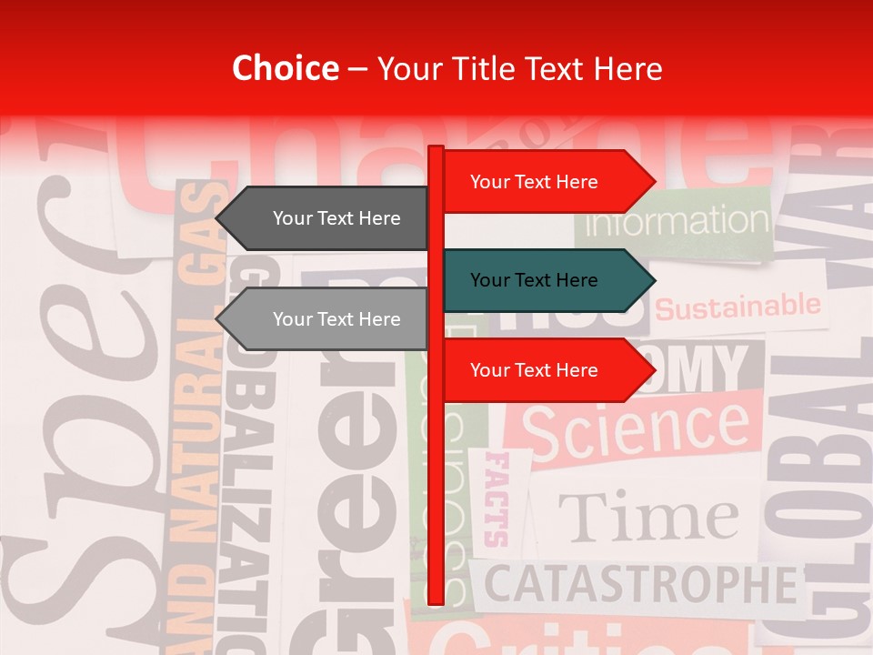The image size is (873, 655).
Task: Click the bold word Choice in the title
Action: click(x=285, y=69)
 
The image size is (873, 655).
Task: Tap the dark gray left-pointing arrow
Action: click(x=323, y=218)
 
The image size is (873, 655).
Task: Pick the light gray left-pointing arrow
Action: click(x=323, y=319)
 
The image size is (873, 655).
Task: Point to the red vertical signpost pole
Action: click(x=436, y=473)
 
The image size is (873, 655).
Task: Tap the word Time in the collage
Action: click(x=647, y=517)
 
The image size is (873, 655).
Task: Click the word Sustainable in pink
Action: click(x=738, y=307)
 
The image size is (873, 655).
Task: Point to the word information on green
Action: click(x=677, y=221)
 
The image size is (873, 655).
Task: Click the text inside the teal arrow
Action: click(x=534, y=280)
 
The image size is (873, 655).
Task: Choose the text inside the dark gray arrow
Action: click(x=336, y=218)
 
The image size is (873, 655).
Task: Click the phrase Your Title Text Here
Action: click(x=519, y=69)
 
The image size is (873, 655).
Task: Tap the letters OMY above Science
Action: click(x=700, y=369)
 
